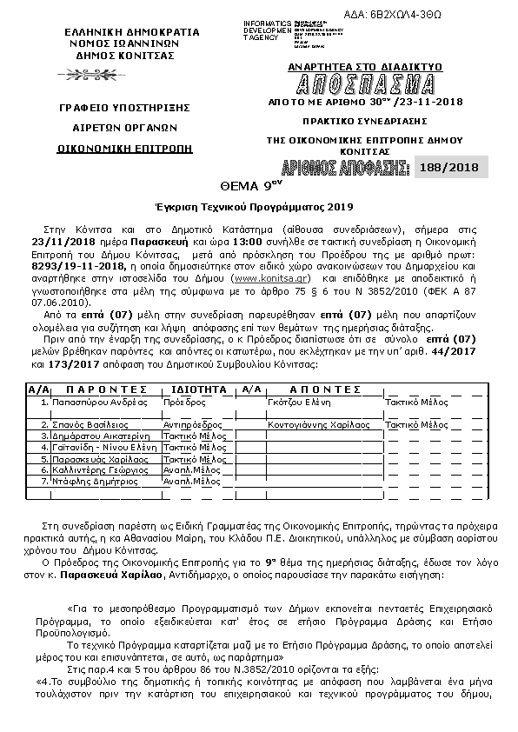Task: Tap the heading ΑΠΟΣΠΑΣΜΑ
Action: (364, 84)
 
